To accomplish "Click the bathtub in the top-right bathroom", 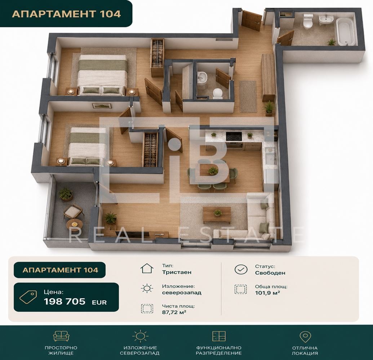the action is coord(345,32).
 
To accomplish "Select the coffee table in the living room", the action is coord(217,215).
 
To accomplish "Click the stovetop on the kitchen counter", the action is coord(234,136).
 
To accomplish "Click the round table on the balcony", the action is coord(75,224).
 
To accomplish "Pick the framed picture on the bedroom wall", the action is coord(102,106).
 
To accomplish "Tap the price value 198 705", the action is coord(65,301).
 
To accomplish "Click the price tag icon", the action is coord(28,297).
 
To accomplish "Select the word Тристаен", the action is coord(177,272).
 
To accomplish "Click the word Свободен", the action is coord(270,273).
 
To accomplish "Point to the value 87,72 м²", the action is coord(174,312).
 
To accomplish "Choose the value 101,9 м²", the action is coord(267,293).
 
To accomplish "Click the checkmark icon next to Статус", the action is coord(241,270).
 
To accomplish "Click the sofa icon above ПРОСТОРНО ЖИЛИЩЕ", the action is coord(61,336).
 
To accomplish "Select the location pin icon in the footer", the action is coord(305,337).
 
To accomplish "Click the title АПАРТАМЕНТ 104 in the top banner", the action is coord(66,14).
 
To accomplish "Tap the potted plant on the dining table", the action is coord(212,170).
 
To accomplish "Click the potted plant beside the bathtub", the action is coord(331,42).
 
